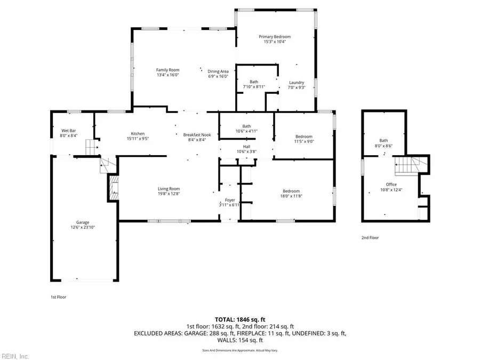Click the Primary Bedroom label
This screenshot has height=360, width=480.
tap(275, 37)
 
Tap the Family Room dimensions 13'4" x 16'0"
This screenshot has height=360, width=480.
tap(167, 76)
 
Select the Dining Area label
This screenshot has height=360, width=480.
tap(218, 71)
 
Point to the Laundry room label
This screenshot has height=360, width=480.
tap(297, 82)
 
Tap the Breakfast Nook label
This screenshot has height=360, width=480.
tap(197, 135)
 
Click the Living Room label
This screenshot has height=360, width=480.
tap(169, 189)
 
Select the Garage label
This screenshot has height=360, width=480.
tap(82, 222)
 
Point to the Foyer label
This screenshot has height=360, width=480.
tap(230, 200)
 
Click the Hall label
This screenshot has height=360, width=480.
tap(246, 146)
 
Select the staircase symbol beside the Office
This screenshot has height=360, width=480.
tap(411, 166)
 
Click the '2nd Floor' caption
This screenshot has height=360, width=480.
tap(370, 238)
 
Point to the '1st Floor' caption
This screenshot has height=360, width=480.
tap(59, 297)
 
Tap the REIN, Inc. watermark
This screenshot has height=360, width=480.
tap(16, 356)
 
